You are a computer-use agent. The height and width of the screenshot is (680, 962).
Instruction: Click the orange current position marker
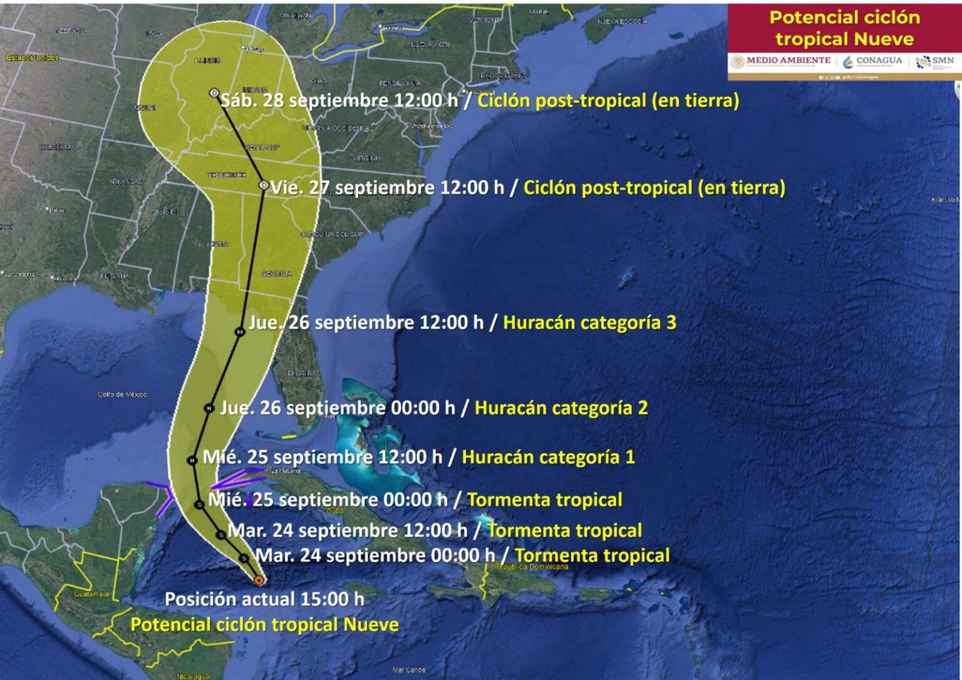[x=258, y=580]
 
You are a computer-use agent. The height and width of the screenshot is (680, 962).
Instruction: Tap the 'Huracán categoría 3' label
[x=589, y=322]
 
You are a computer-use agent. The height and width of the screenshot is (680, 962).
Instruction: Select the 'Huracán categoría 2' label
[x=561, y=408]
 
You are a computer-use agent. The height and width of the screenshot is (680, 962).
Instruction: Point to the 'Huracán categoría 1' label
[x=548, y=457]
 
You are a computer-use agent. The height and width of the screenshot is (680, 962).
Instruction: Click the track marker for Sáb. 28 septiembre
[x=214, y=93]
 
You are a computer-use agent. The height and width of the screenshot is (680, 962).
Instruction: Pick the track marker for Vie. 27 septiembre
[x=264, y=185]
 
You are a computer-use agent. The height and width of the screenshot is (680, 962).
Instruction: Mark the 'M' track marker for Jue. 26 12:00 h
[x=239, y=332]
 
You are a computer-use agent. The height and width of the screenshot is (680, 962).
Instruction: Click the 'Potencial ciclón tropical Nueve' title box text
[x=844, y=28]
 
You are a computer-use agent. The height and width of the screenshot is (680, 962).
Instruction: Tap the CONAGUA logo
[x=873, y=61]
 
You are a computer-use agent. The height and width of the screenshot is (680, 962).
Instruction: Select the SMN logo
[x=935, y=61]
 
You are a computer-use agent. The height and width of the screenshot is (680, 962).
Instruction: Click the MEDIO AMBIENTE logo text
[x=788, y=61]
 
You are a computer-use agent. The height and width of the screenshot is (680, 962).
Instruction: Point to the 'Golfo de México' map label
[x=122, y=394]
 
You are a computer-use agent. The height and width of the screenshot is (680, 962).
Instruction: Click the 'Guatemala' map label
[x=91, y=594]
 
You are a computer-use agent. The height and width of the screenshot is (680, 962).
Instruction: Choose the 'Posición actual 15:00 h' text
[x=264, y=599]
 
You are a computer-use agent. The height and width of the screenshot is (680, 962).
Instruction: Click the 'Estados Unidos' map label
[x=33, y=58]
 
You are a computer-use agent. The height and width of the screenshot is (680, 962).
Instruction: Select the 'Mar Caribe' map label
[x=409, y=670]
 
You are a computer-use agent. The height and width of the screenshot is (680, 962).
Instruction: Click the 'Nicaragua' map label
[x=192, y=676]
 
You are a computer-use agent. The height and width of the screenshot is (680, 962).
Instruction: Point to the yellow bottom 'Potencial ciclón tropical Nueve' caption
[x=264, y=625]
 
